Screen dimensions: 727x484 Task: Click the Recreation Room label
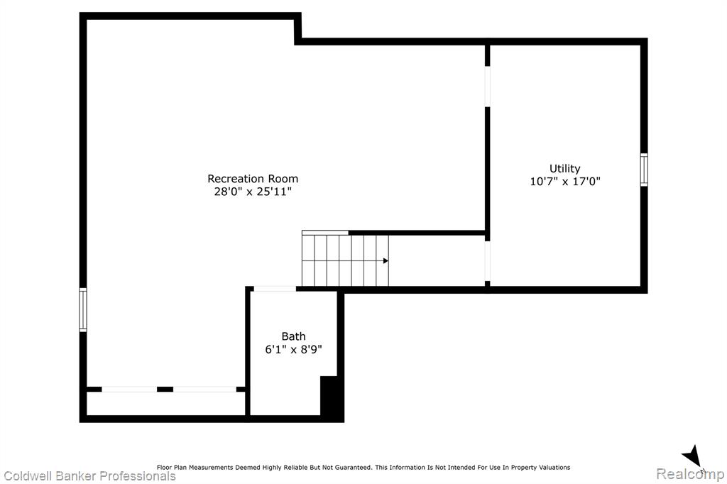(253, 179)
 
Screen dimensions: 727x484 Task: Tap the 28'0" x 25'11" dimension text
(253, 192)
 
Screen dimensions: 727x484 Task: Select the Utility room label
(564, 169)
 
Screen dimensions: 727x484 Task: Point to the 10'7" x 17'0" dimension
(564, 181)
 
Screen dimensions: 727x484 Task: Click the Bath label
(293, 336)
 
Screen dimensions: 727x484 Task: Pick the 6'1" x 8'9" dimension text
(293, 349)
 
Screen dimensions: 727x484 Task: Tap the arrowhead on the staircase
(386, 261)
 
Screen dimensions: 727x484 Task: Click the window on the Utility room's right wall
(644, 170)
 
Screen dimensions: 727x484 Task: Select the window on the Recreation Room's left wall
(83, 309)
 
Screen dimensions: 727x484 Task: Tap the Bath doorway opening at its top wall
(275, 289)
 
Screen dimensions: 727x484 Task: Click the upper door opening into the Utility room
(487, 87)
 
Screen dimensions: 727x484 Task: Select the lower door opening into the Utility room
(487, 261)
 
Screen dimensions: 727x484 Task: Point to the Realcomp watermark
(690, 474)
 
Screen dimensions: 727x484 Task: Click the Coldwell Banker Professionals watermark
(89, 476)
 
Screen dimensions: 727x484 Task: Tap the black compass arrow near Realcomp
(692, 455)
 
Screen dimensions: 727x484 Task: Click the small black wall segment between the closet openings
(165, 390)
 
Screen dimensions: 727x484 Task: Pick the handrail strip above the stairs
(325, 233)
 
